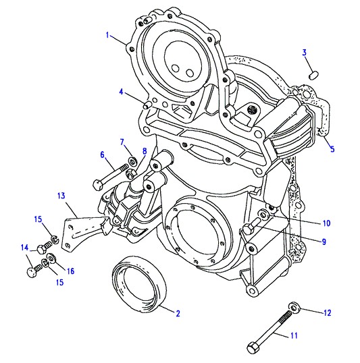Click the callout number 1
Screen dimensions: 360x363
[107, 35]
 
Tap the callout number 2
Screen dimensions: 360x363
[178, 314]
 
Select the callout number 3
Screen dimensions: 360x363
[305, 53]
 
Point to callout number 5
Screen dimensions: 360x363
[332, 149]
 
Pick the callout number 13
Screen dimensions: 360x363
[61, 196]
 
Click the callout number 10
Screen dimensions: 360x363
[326, 223]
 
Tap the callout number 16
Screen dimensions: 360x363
[70, 271]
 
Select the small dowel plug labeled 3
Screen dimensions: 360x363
[314, 76]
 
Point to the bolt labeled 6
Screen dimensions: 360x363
[110, 176]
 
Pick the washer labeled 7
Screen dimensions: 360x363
[132, 161]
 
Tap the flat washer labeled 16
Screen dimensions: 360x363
[51, 258]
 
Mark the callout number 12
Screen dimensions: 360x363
[328, 313]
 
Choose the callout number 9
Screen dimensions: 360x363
[324, 242]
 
